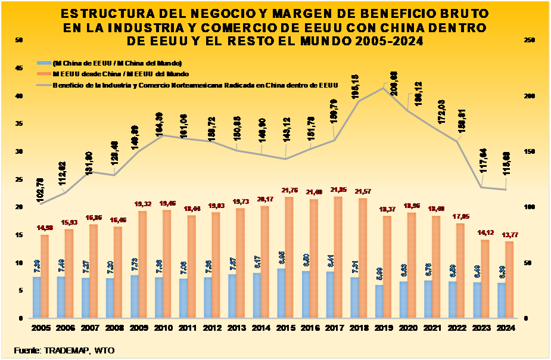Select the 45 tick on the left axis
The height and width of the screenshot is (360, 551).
coord(18,68)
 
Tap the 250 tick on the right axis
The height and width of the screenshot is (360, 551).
coord(530,40)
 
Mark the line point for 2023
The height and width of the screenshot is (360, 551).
coord(481,188)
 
